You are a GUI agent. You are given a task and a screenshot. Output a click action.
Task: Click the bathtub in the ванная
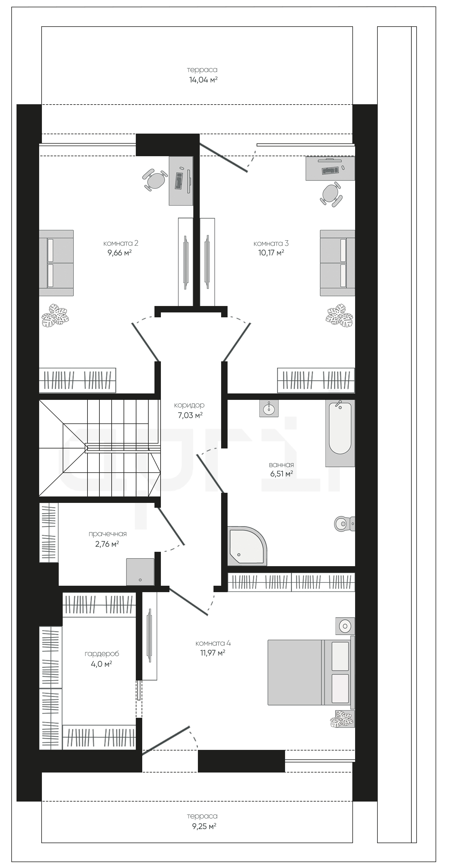(x=340, y=433)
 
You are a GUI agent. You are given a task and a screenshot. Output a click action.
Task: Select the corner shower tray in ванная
(x=247, y=546)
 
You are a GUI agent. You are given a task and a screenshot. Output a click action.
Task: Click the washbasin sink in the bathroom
(x=269, y=408)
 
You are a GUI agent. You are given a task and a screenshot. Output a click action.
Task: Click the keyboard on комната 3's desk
(x=330, y=170)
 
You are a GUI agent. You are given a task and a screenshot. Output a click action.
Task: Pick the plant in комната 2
(x=55, y=315)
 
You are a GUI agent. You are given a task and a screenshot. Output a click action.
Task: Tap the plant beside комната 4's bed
(x=342, y=719)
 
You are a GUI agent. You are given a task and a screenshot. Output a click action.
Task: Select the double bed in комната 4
(x=311, y=672)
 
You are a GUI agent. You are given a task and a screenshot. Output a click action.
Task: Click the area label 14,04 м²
(x=203, y=80)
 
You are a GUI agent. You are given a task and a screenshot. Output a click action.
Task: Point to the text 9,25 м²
(x=204, y=827)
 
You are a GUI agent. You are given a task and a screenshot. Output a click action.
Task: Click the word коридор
(x=189, y=405)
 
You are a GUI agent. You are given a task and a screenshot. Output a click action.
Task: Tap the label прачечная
(x=108, y=534)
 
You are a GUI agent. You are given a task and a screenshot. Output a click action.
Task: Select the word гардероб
(x=102, y=654)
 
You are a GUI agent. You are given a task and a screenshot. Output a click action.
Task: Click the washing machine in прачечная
(x=140, y=572)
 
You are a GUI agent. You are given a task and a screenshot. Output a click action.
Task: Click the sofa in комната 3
(x=337, y=263)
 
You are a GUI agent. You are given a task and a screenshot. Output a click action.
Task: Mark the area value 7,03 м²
(x=190, y=415)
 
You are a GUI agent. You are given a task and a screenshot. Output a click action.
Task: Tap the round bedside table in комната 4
(x=345, y=626)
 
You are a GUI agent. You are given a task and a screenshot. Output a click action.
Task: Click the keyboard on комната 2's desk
(x=179, y=181)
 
